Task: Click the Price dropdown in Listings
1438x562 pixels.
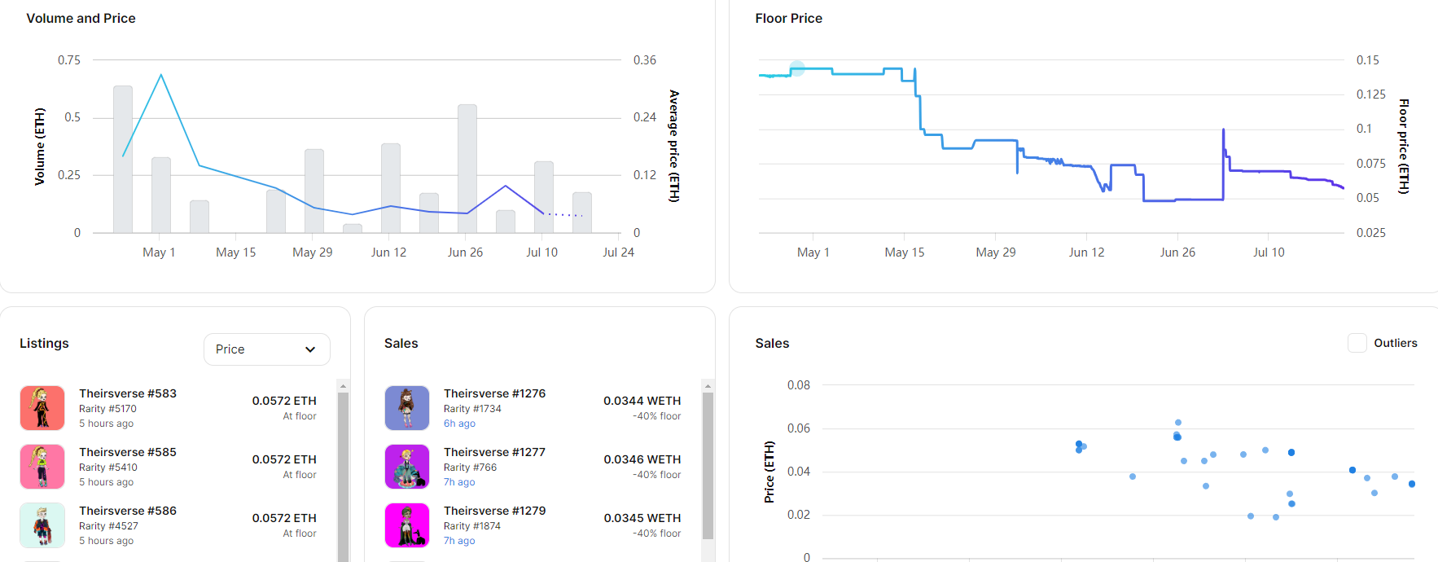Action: pyautogui.click(x=266, y=349)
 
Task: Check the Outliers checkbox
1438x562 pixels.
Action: pyautogui.click(x=1357, y=343)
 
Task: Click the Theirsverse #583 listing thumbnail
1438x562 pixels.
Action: pyautogui.click(x=42, y=408)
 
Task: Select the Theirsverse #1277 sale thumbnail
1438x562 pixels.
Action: pyautogui.click(x=406, y=467)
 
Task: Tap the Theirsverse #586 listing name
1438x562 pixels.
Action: pyautogui.click(x=128, y=511)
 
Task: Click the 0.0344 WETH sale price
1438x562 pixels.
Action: pyautogui.click(x=642, y=401)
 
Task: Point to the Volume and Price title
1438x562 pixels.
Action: pyautogui.click(x=81, y=18)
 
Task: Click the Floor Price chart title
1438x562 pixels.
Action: pyautogui.click(x=788, y=18)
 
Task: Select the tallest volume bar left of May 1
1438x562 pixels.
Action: pyautogui.click(x=123, y=159)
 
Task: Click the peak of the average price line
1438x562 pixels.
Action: pyautogui.click(x=161, y=75)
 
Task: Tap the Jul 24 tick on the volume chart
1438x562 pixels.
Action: pyautogui.click(x=618, y=252)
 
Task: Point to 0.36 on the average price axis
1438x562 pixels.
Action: pyautogui.click(x=645, y=60)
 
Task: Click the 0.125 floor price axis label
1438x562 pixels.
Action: pyautogui.click(x=1370, y=94)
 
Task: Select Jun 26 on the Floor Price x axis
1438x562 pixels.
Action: pyautogui.click(x=1177, y=252)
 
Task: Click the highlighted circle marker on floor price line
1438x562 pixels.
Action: pyautogui.click(x=797, y=68)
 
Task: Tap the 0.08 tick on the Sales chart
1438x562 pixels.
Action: pyautogui.click(x=798, y=385)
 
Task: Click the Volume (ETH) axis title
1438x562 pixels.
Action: pyautogui.click(x=40, y=147)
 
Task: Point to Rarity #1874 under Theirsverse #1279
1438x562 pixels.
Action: pyautogui.click(x=472, y=526)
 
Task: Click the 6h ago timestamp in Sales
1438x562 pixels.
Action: pyautogui.click(x=459, y=424)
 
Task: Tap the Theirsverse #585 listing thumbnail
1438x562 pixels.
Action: pyautogui.click(x=42, y=467)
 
